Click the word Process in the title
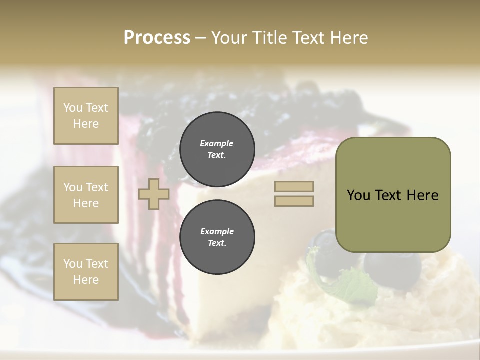coord(157,37)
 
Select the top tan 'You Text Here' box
coord(86,116)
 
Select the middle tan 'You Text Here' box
coord(86,195)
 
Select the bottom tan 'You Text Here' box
coord(86,271)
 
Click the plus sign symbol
coord(154,194)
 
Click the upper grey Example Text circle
coord(217,149)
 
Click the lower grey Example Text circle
coord(217,237)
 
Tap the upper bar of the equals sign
coord(294,186)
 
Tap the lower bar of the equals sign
coord(294,201)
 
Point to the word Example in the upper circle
coord(217,143)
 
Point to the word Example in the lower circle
coord(217,231)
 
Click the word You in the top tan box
coord(73,108)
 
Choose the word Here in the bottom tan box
coord(86,280)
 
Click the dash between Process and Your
coord(201,38)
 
